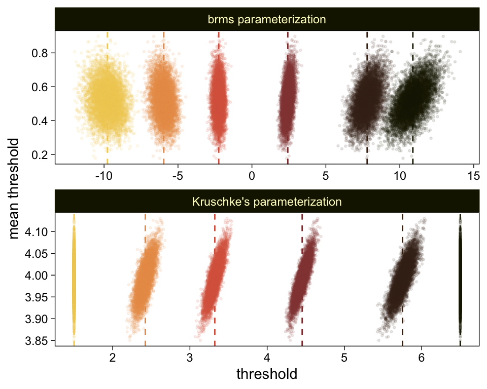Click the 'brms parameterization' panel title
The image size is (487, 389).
point(266,20)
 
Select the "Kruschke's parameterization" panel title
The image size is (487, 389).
point(266,202)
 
